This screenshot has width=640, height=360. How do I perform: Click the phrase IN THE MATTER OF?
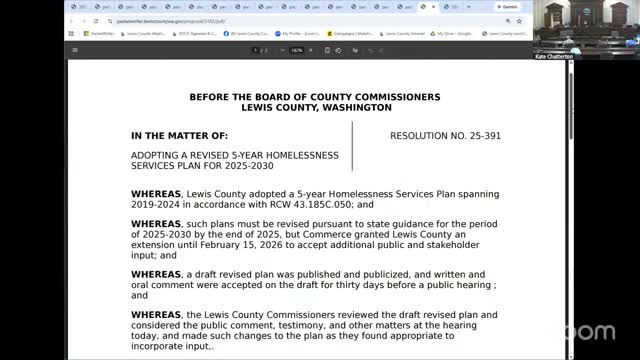[179, 134]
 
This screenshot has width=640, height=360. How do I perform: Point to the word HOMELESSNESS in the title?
[300, 155]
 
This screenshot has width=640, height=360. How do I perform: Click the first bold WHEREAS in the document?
[155, 193]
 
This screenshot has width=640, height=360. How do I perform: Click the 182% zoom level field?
[297, 50]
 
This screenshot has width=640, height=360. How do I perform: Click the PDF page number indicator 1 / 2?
[259, 50]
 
